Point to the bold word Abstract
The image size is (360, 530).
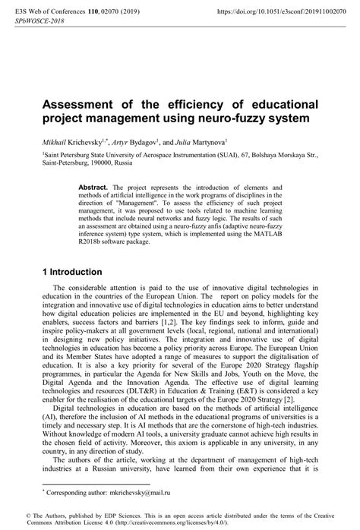pos(94,186)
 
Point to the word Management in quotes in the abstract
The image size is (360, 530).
pos(156,201)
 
